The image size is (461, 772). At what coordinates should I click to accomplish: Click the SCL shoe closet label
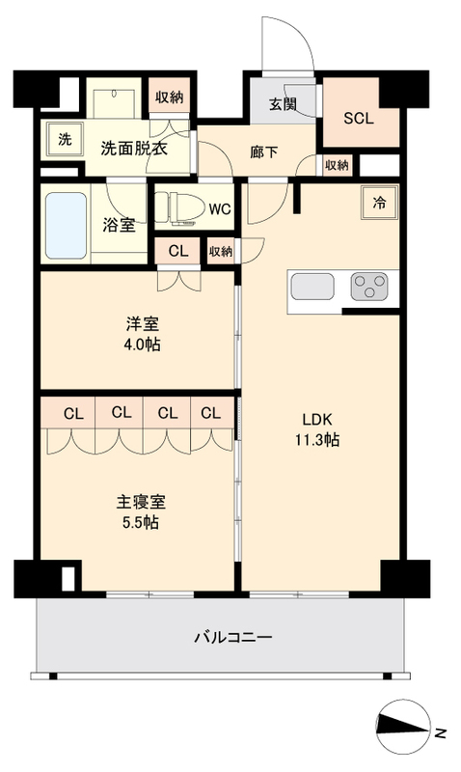pos(359,119)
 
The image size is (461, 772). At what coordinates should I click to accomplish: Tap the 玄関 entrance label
pos(283,106)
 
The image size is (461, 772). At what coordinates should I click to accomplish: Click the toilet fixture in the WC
pos(183,207)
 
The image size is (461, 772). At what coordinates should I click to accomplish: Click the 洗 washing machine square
pos(64,139)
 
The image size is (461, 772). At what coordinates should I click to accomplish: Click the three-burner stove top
pos(371,286)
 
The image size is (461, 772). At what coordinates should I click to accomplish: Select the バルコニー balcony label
pos(232,637)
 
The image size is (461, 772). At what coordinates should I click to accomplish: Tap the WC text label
pos(219,208)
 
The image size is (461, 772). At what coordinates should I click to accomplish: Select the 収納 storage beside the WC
pos(221,251)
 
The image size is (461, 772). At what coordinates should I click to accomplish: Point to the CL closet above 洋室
pos(177,251)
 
